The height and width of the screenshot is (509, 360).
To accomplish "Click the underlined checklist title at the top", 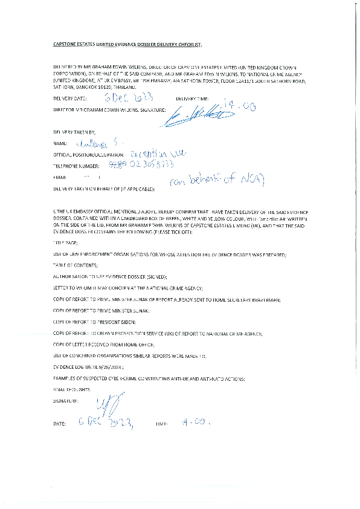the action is tap(127, 44).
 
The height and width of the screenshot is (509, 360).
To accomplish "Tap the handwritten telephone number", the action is tap(146, 165).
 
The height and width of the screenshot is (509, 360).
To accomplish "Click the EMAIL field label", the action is tap(59, 178).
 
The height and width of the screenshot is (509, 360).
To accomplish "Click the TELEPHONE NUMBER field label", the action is tap(76, 166).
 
